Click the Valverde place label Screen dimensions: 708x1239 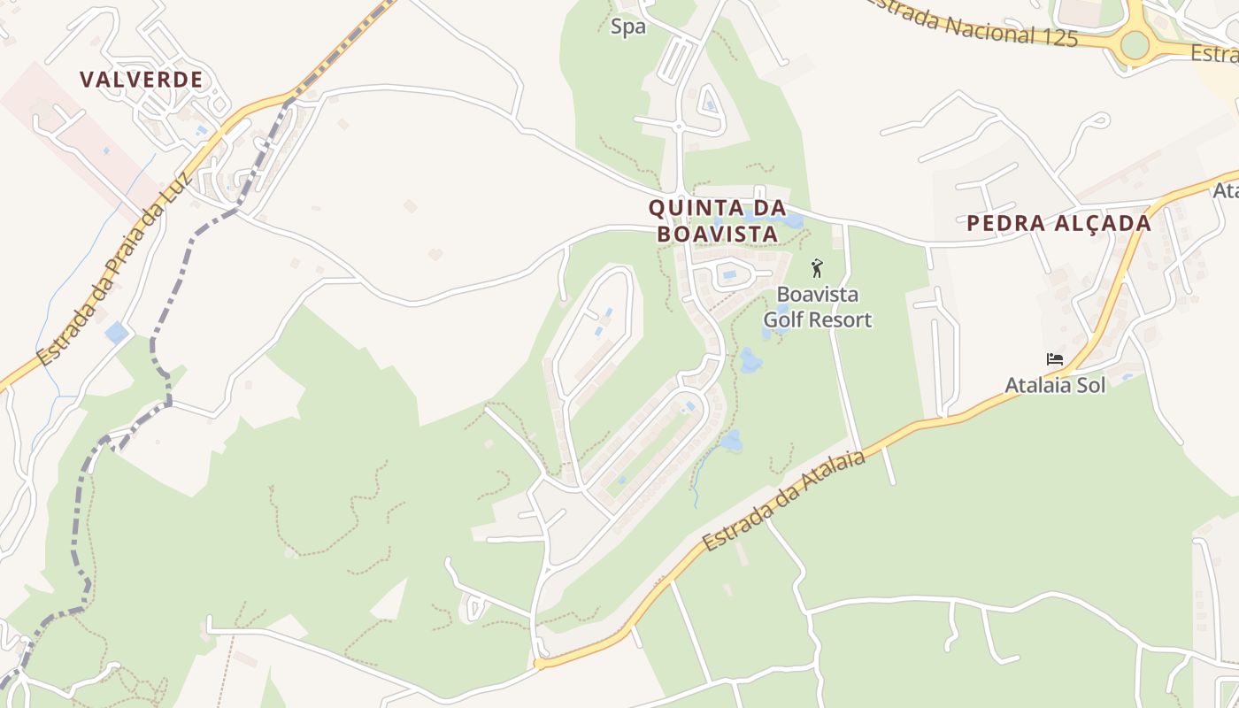(142, 80)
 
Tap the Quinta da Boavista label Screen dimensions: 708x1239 (717, 220)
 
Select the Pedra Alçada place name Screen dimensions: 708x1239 (1058, 223)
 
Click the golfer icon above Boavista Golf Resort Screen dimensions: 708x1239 (817, 267)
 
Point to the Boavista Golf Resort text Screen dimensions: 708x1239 (818, 306)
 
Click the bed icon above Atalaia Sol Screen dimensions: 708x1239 (1054, 359)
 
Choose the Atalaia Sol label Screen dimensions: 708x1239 (1055, 385)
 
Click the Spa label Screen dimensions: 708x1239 (628, 27)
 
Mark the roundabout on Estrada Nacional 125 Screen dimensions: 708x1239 (1135, 43)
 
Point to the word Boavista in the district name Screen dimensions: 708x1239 (717, 235)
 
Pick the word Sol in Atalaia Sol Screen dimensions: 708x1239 (1089, 385)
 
